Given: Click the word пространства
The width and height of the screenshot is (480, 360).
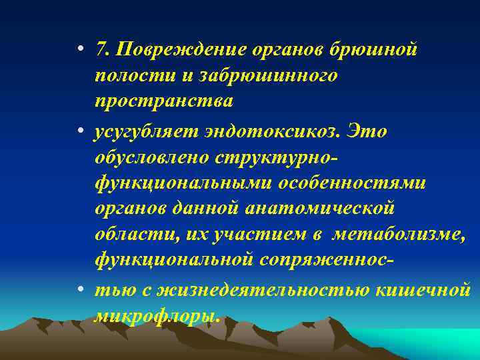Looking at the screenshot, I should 163,101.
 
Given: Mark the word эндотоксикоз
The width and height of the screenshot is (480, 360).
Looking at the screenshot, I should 279,131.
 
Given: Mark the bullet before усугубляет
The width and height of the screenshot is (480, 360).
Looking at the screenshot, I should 79,131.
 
